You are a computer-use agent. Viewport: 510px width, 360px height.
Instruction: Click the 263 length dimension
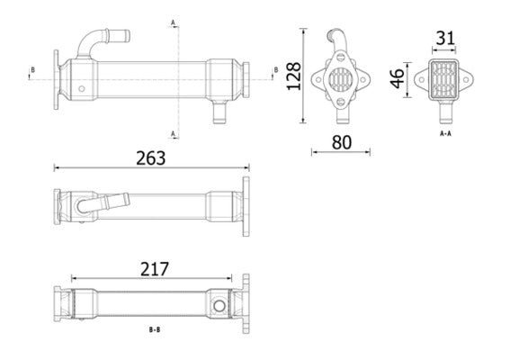click(x=150, y=157)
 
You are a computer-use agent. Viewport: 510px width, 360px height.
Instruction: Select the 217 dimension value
click(x=156, y=268)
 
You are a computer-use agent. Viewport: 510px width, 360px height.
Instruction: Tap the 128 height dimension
click(x=292, y=78)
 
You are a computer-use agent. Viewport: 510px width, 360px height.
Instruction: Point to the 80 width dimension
click(x=342, y=142)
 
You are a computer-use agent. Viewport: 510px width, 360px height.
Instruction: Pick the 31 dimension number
click(x=444, y=40)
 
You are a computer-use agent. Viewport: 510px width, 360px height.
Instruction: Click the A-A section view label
click(x=445, y=133)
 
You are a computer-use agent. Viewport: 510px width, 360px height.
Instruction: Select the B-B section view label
click(x=154, y=329)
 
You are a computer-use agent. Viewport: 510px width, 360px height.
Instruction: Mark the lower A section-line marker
click(x=173, y=134)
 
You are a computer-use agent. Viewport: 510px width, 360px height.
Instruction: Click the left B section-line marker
click(x=33, y=69)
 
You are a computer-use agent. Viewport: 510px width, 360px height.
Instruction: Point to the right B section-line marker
click(x=275, y=69)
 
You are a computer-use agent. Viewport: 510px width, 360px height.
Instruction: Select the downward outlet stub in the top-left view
click(x=218, y=112)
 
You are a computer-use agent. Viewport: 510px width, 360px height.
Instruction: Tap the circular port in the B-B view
click(x=218, y=307)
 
